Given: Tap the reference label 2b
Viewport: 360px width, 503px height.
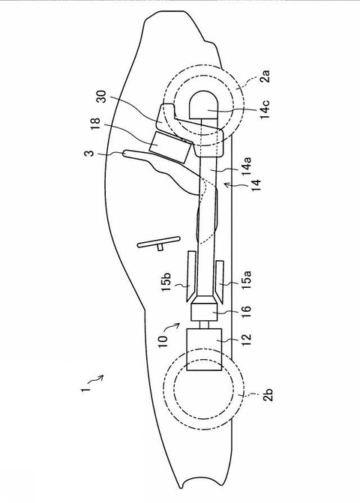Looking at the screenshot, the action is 268,394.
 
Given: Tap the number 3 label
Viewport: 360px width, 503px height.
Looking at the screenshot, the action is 91,152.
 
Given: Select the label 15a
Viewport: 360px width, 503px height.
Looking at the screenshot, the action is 247,280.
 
